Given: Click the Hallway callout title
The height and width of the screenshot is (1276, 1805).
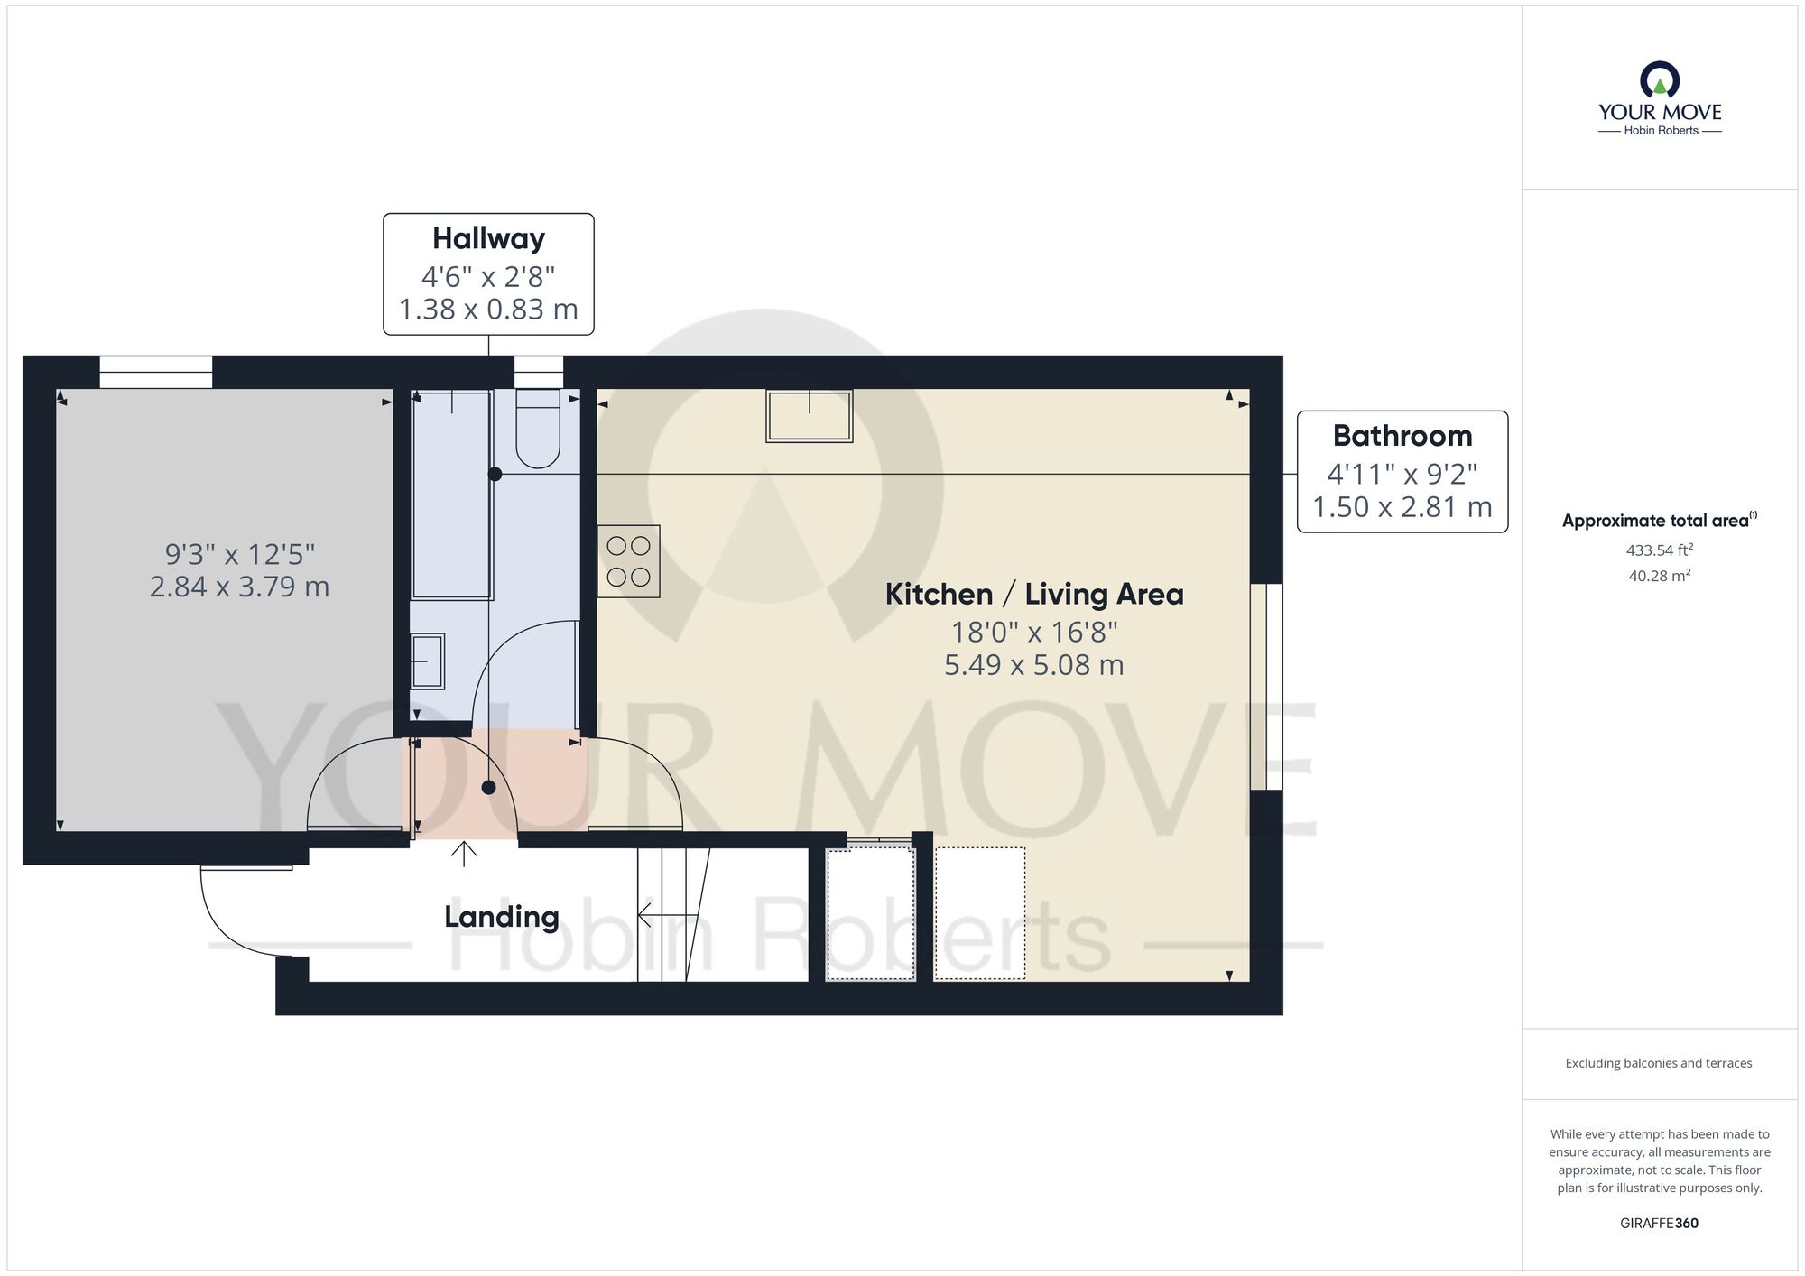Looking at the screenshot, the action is [488, 239].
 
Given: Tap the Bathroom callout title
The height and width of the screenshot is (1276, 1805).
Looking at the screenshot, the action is [1402, 436].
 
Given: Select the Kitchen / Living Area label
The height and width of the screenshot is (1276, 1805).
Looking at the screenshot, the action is [1034, 595].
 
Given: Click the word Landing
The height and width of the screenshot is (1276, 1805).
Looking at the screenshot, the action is [502, 918].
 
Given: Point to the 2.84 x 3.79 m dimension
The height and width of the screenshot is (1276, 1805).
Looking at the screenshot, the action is [239, 587].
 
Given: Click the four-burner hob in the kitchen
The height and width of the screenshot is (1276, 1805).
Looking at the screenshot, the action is [629, 561].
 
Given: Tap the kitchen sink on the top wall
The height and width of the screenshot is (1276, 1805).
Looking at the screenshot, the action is [810, 416].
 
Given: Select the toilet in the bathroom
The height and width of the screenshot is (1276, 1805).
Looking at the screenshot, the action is [538, 429].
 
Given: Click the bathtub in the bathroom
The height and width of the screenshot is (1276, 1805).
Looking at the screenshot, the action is [451, 495].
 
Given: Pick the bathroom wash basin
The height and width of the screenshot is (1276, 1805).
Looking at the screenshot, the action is [427, 661].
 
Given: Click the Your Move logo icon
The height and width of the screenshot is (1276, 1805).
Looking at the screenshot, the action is [1660, 79].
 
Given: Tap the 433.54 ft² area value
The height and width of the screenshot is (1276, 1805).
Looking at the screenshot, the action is [1660, 550].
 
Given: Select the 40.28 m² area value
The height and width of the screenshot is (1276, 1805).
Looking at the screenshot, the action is [1660, 576].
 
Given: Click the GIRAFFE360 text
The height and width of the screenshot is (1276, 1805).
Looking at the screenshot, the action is [1659, 1224].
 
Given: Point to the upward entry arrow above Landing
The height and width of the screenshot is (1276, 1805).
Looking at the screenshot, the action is [464, 854].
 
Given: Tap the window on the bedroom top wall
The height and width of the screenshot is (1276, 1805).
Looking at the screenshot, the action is [155, 372].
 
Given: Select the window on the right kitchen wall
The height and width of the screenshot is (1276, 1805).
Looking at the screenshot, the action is [1266, 687].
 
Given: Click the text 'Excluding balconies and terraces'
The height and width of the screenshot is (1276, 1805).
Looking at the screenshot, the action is [1659, 1063].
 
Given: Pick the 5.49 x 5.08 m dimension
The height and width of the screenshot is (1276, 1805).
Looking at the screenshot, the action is [1034, 665].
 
